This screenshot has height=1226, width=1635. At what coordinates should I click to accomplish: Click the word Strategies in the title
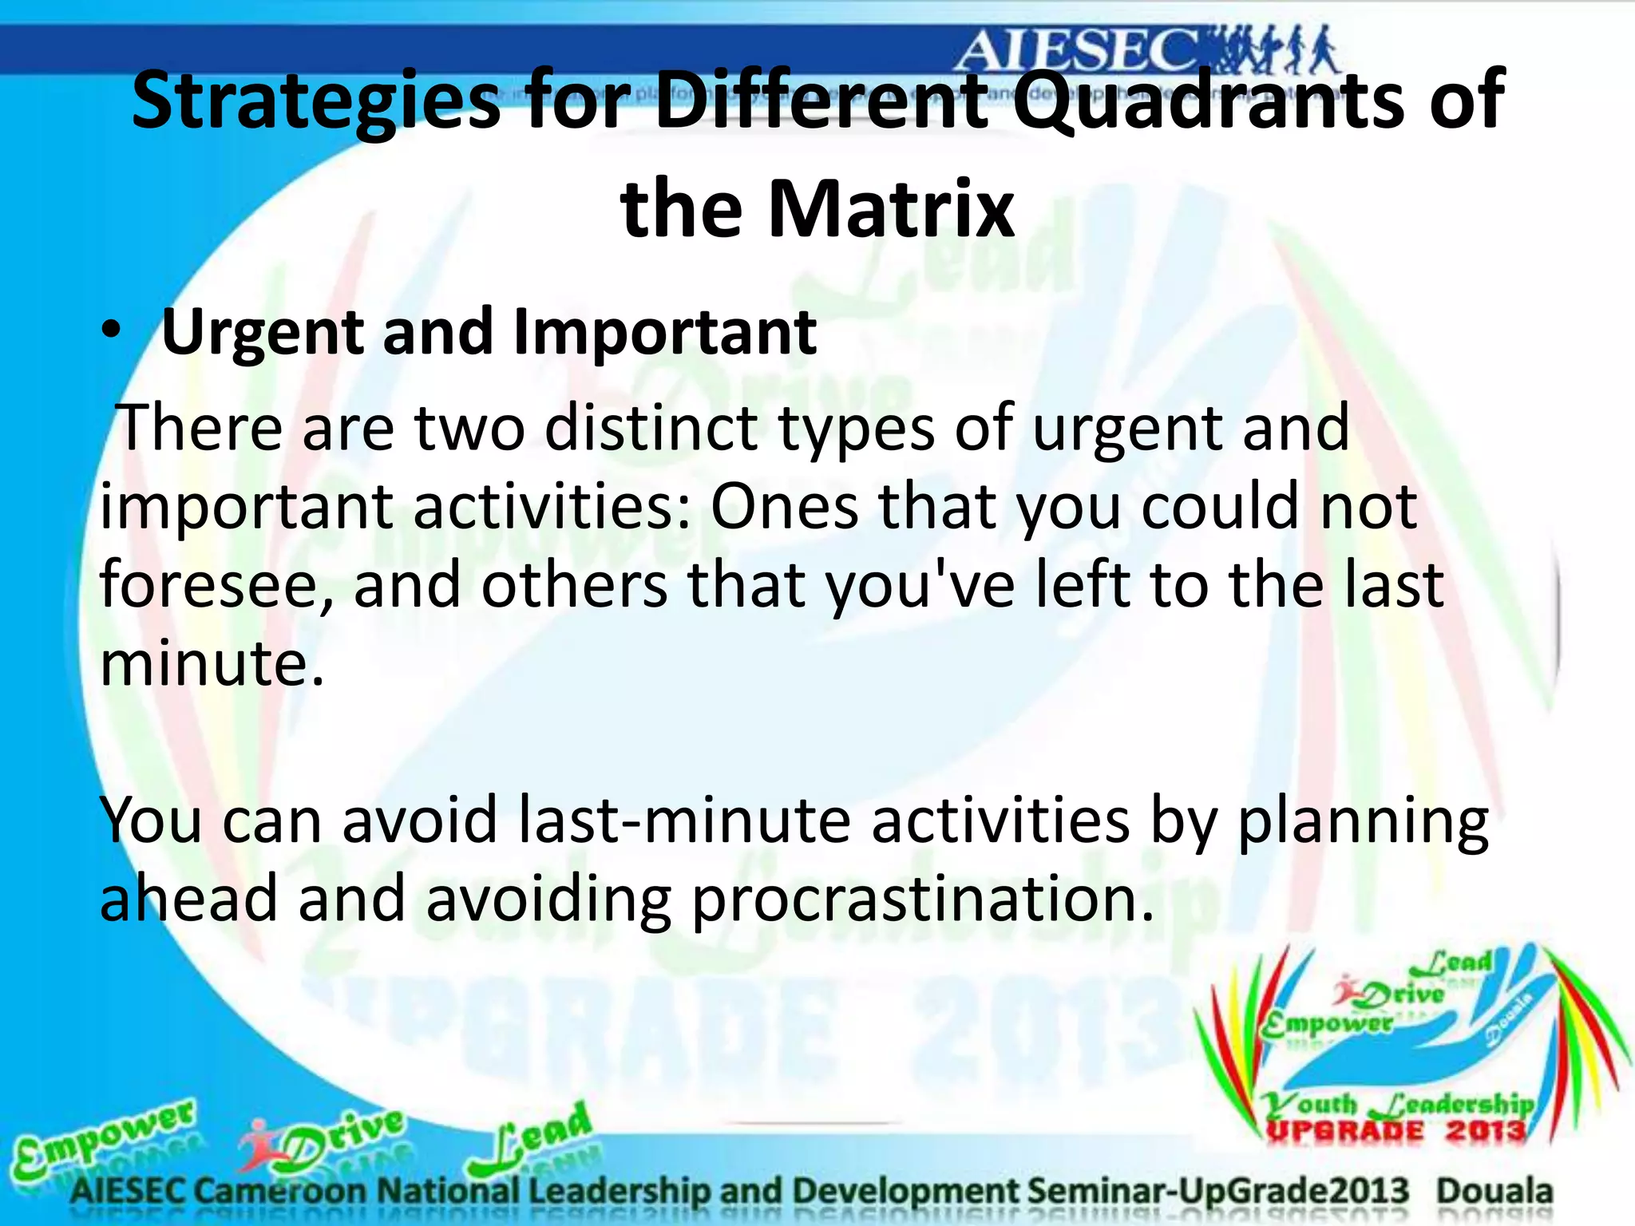click(315, 102)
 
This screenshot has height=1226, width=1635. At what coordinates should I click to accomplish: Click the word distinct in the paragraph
click(650, 429)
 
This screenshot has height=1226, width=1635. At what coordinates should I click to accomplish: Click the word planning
click(1362, 822)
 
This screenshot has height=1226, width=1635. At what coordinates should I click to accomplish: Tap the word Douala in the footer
click(1494, 1192)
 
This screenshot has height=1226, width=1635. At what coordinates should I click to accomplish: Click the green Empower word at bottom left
click(104, 1138)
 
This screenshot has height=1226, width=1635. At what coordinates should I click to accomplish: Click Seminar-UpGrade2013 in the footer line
click(1217, 1192)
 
